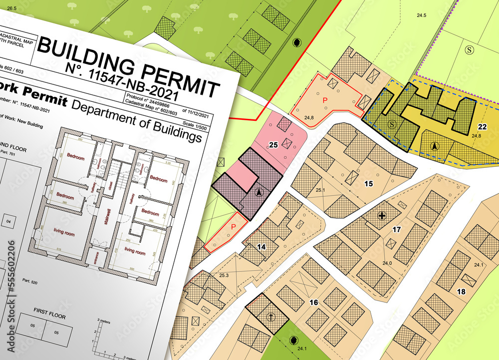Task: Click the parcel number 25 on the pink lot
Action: pos(273,145)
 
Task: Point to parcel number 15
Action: pos(368,184)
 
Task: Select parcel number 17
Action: pos(397,230)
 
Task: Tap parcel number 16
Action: pos(313,303)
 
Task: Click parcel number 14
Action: pos(261,247)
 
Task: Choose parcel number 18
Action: pos(461,291)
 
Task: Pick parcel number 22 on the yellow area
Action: pos(482,127)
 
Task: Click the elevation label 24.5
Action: pos(422,15)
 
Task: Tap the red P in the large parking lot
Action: pos(325,100)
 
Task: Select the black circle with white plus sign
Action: pos(382,216)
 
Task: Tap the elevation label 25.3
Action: pos(224,275)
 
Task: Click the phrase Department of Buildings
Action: pos(137,119)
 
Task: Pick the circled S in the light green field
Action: pos(469,49)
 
